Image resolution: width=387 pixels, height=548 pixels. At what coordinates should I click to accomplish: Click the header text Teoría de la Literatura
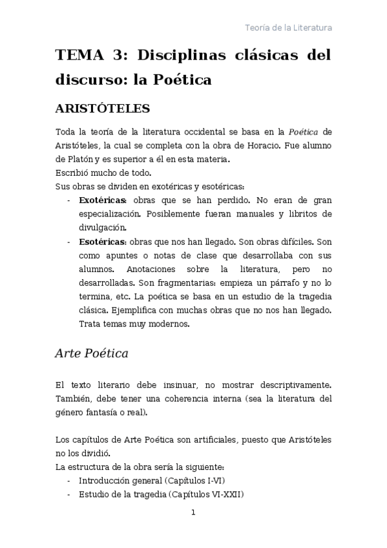pyautogui.click(x=288, y=28)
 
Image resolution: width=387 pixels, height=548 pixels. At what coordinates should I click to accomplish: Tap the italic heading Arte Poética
pyautogui.click(x=91, y=353)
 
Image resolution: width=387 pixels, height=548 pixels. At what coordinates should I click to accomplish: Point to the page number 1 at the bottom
pyautogui.click(x=193, y=512)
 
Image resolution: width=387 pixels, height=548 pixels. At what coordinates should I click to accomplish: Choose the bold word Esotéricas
pyautogui.click(x=103, y=242)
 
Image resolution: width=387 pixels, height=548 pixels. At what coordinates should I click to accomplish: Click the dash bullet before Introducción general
pyautogui.click(x=69, y=481)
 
